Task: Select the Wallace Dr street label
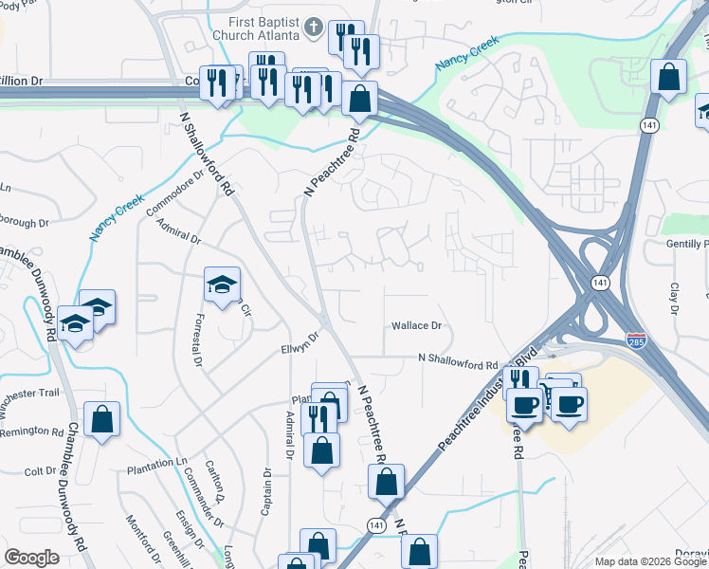[417, 325]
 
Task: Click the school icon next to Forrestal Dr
[222, 284]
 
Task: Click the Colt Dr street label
[41, 471]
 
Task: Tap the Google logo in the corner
[31, 558]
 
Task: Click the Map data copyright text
[650, 561]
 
